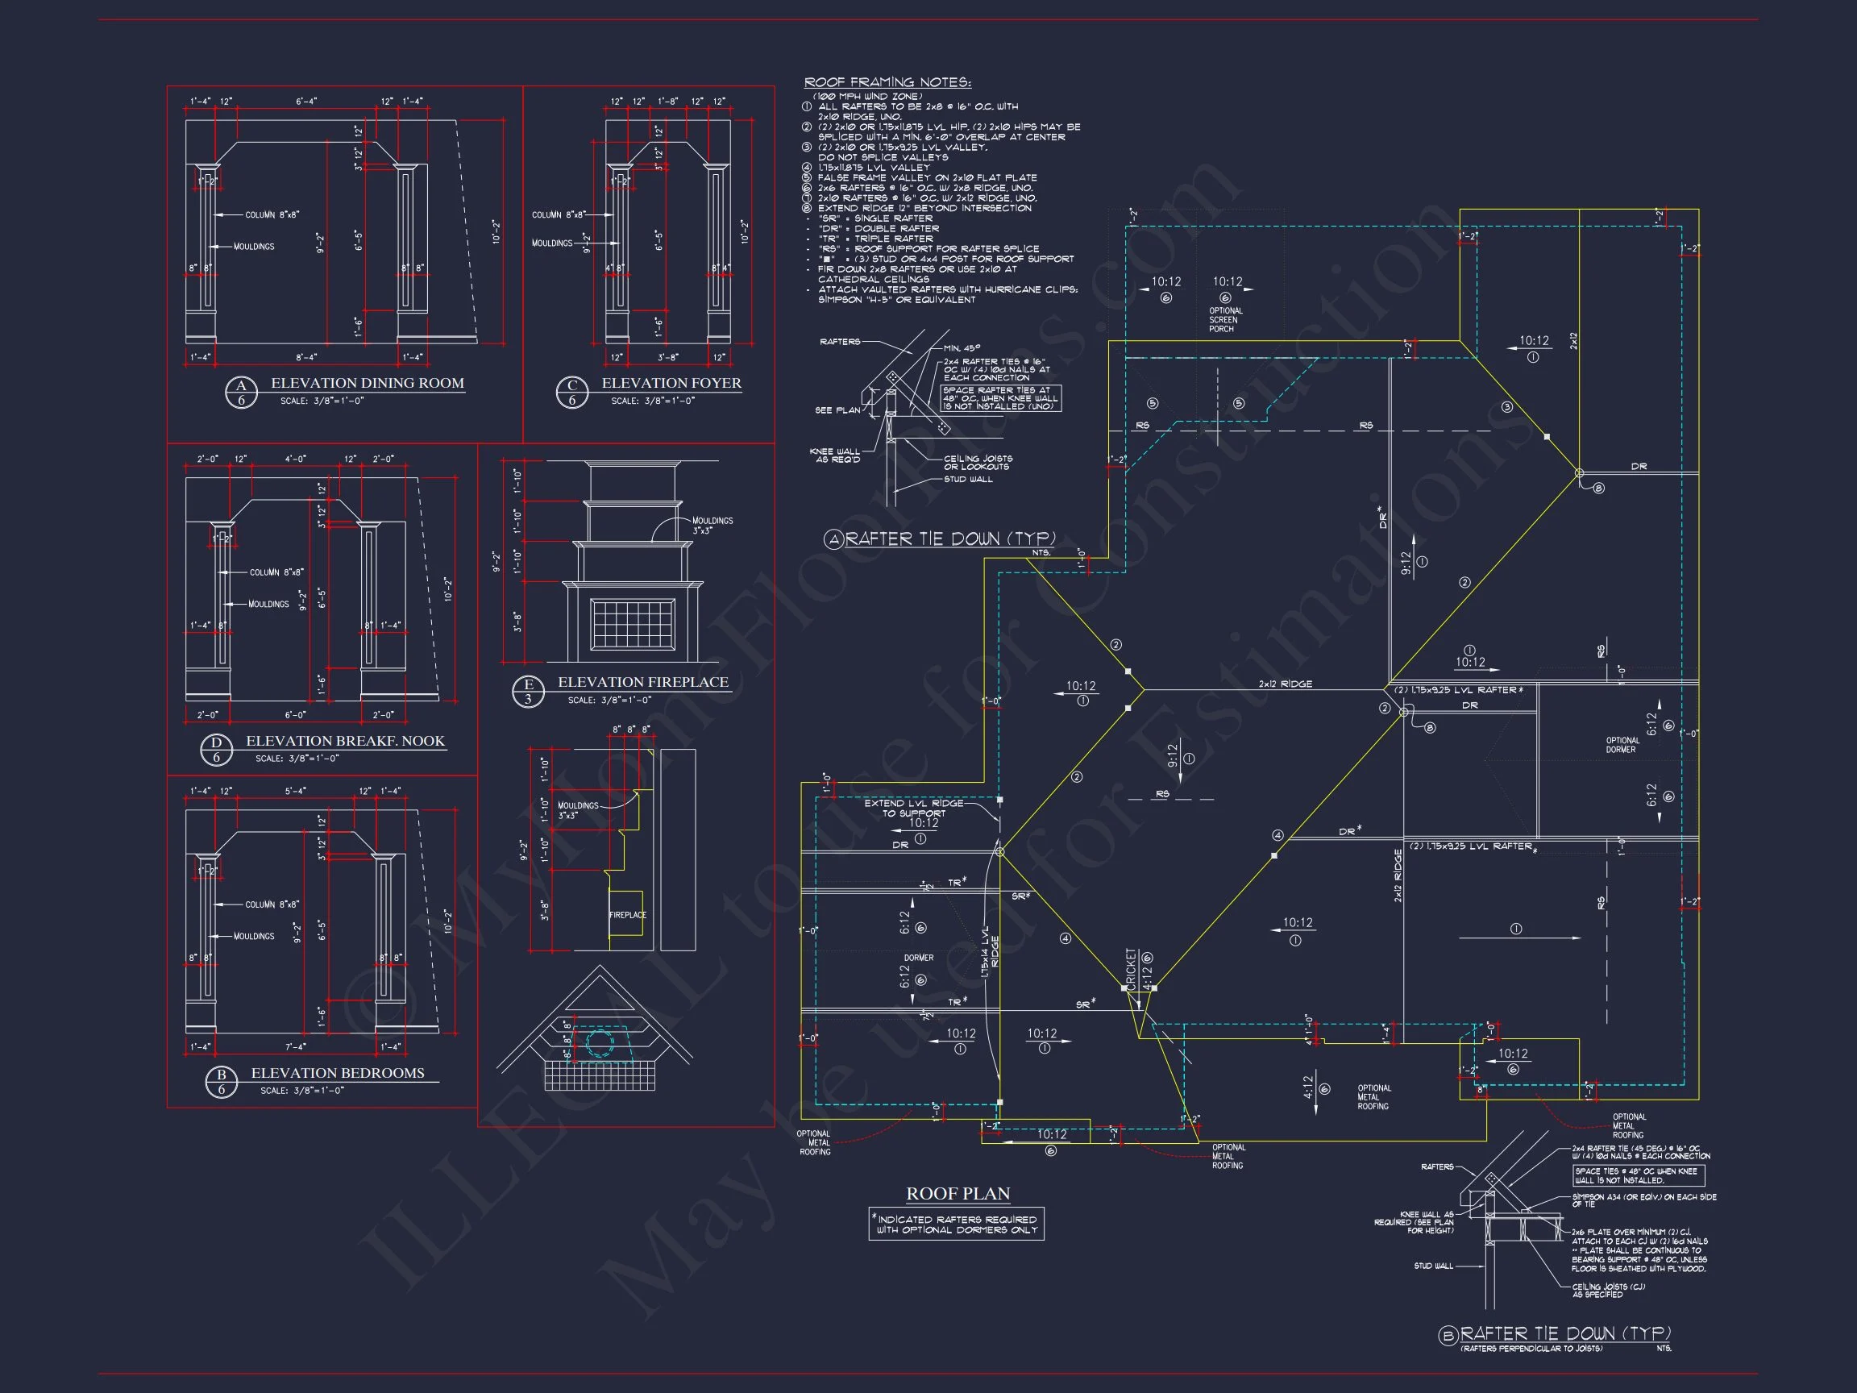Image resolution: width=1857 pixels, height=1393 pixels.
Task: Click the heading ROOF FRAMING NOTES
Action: click(x=887, y=82)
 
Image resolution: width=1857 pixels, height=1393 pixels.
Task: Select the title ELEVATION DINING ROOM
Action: click(x=367, y=383)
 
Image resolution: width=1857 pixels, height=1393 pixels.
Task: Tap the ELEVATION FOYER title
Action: click(x=671, y=383)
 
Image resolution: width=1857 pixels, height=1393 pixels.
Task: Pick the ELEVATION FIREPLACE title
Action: click(x=643, y=682)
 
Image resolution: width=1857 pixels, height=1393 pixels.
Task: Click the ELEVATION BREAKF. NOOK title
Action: click(x=345, y=741)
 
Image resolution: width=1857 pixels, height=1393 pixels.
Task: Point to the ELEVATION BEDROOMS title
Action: click(x=338, y=1072)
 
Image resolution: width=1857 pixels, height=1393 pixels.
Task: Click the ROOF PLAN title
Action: click(x=958, y=1193)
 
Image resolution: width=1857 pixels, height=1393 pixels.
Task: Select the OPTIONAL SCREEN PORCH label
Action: click(x=1226, y=320)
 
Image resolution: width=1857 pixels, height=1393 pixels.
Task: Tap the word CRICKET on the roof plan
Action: click(x=1131, y=969)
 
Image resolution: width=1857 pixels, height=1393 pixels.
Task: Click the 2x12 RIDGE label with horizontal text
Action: click(x=1285, y=684)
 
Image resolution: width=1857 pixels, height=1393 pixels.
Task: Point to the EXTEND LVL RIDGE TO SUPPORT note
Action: click(x=913, y=808)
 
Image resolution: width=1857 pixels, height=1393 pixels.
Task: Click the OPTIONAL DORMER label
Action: click(x=1622, y=745)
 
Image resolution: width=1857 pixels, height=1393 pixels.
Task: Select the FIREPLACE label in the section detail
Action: click(x=627, y=914)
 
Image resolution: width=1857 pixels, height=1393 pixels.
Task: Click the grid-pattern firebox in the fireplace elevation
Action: click(x=633, y=624)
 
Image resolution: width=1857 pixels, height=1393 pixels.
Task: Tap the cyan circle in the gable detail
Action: click(x=600, y=1044)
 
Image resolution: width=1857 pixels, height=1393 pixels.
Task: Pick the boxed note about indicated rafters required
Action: click(x=956, y=1225)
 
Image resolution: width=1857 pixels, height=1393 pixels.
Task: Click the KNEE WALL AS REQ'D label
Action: click(x=834, y=455)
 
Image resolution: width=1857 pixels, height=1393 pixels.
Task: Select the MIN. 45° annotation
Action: click(x=962, y=347)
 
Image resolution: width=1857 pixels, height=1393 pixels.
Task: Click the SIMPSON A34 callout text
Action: click(x=1643, y=1200)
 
